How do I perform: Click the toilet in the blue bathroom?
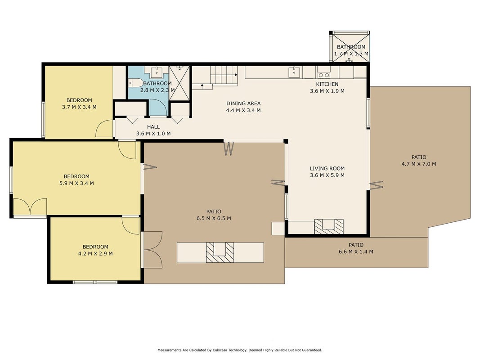(135, 83)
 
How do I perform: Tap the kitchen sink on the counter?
(294, 72)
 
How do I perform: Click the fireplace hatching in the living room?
(329, 226)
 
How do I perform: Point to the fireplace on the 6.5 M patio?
(220, 252)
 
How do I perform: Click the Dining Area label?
(243, 103)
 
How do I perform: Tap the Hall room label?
(153, 127)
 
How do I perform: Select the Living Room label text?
(327, 168)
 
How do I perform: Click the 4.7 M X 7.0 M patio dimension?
(419, 164)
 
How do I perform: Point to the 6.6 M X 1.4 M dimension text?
(356, 252)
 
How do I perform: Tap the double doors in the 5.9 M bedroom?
(30, 207)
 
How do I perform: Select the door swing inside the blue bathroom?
(158, 108)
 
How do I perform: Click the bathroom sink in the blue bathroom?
(157, 72)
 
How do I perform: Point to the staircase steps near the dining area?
(224, 75)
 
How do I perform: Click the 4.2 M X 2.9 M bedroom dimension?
(95, 253)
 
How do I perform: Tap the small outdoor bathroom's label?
(351, 47)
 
